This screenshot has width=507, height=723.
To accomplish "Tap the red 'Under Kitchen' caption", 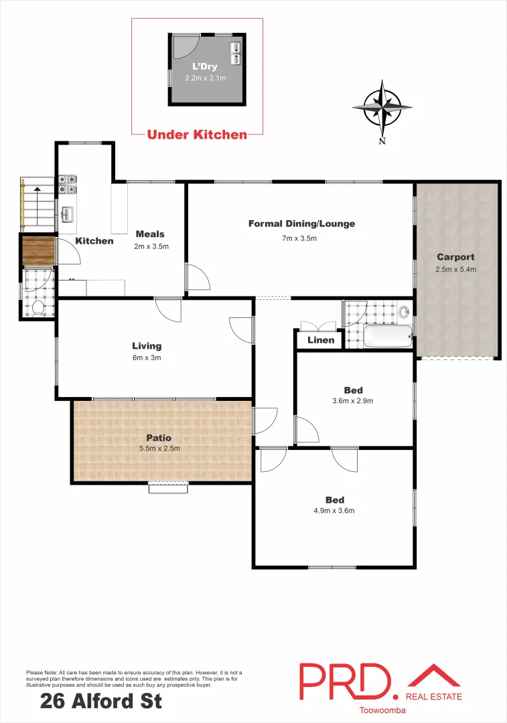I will point(197,135).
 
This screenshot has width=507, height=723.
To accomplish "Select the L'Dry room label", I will point(205,66).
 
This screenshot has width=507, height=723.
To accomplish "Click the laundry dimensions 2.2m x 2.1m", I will point(205,78).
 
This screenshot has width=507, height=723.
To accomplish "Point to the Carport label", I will point(455,257).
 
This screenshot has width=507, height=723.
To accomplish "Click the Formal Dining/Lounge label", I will point(301,224).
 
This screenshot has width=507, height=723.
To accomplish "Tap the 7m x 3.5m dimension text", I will point(299,238).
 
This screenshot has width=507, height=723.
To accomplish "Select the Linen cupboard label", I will point(320,340).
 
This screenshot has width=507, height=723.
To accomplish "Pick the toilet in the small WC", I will point(38,307).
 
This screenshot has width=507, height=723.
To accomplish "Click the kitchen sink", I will point(68,215).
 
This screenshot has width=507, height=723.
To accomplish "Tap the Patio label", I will point(160,438).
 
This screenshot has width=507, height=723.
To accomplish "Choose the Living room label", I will point(147,346).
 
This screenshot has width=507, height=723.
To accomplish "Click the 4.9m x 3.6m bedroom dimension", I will point(334,511).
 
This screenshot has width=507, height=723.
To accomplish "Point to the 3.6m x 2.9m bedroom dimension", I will point(352,401).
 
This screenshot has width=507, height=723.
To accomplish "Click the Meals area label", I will point(150,234).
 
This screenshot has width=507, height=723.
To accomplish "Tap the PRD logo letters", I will point(345,683).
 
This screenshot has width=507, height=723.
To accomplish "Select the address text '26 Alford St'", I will point(101,702).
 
